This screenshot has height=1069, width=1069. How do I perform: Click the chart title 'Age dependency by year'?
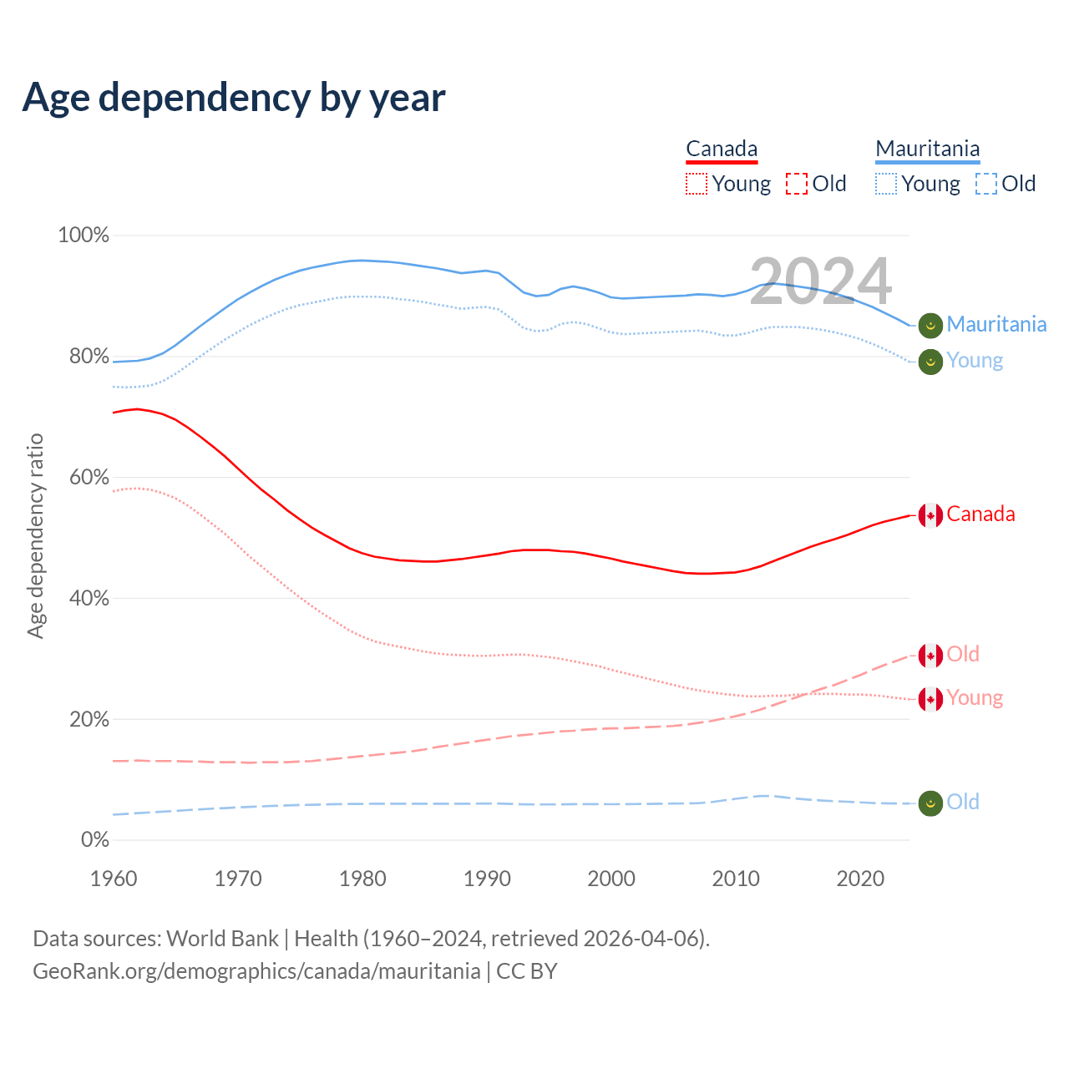[x=234, y=98]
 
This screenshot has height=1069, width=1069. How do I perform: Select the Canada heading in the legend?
[x=722, y=149]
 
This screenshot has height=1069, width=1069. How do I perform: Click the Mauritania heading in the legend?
[x=927, y=149]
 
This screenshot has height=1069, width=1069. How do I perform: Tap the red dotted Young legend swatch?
[x=696, y=184]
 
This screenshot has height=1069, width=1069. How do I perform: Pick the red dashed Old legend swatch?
[x=797, y=184]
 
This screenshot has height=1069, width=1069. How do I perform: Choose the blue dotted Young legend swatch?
[x=886, y=184]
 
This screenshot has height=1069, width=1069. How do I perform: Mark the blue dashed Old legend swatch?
[x=986, y=184]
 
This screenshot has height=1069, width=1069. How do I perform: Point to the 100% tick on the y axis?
[x=84, y=236]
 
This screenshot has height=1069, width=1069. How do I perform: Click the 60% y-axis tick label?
[x=89, y=478]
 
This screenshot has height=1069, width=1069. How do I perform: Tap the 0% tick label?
[x=95, y=840]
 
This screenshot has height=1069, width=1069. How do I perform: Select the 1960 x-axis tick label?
[x=114, y=879]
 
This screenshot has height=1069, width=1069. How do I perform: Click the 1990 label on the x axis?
[x=487, y=879]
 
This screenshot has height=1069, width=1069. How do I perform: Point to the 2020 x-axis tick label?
[x=860, y=879]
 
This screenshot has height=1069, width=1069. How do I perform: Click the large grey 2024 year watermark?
[x=820, y=281]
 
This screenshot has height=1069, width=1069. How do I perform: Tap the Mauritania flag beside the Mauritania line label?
[x=930, y=325]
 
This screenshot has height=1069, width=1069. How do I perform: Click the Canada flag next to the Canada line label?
[x=930, y=515]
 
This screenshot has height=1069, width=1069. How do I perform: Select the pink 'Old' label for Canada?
[x=963, y=655]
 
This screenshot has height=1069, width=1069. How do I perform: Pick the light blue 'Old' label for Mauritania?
[x=963, y=803]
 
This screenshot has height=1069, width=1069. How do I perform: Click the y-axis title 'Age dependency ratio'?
[x=35, y=535]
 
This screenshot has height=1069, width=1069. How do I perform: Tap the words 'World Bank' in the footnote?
[x=222, y=939]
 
